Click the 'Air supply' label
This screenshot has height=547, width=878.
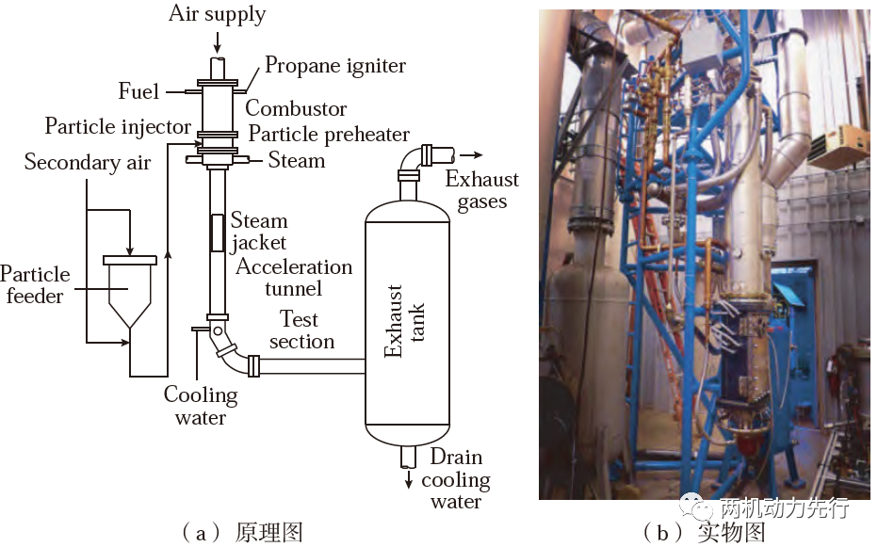tap(218, 14)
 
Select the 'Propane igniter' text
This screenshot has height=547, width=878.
tap(334, 66)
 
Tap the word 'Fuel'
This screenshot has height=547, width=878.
tap(138, 91)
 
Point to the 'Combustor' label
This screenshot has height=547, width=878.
tap(296, 108)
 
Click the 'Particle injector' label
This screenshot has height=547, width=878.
tap(118, 126)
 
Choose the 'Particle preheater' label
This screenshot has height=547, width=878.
tap(329, 135)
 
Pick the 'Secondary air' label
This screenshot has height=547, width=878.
tap(88, 162)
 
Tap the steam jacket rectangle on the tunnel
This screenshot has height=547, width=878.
tap(218, 233)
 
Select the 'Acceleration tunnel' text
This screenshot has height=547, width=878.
tap(294, 277)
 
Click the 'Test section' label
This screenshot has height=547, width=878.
tap(301, 330)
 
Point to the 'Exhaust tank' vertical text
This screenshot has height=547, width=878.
tap(404, 321)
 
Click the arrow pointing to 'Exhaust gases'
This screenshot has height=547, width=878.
tap(470, 155)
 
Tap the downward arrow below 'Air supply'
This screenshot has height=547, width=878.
tap(218, 42)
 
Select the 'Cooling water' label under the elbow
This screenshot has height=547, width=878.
tap(201, 406)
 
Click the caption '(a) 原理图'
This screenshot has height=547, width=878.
tap(242, 533)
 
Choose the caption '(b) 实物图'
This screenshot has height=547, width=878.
tap(704, 533)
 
